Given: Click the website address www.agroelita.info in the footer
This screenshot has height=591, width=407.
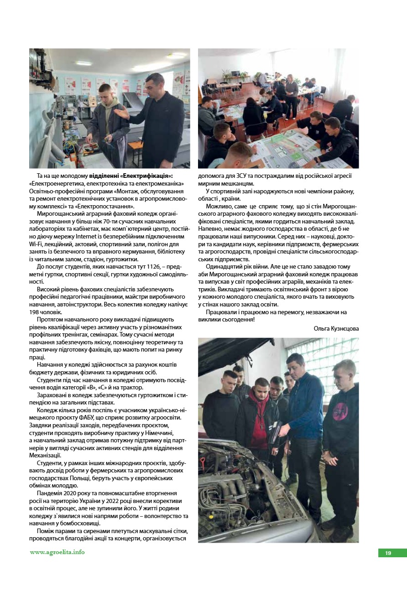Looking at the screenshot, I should [57, 552].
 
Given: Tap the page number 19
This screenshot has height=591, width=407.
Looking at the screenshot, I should [388, 553].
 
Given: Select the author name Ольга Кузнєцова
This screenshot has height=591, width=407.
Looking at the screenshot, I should [336, 328].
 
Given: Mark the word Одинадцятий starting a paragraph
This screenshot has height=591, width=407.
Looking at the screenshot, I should [224, 266].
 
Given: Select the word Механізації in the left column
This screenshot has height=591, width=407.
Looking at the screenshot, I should [45, 456].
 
